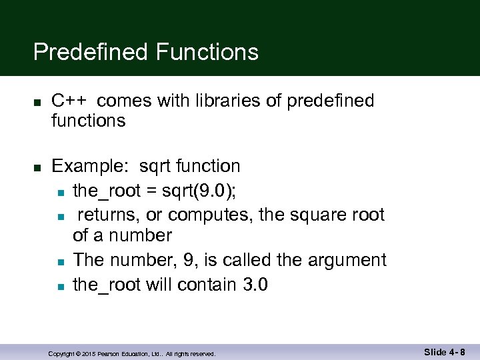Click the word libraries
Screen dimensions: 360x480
point(233,101)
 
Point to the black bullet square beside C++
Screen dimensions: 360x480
point(38,102)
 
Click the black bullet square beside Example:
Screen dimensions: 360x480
point(38,167)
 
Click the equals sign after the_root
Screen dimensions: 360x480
point(151,191)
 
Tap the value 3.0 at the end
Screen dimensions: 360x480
point(255,285)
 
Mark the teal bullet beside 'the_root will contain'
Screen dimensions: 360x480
point(60,286)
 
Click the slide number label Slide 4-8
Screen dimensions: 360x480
point(444,352)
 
